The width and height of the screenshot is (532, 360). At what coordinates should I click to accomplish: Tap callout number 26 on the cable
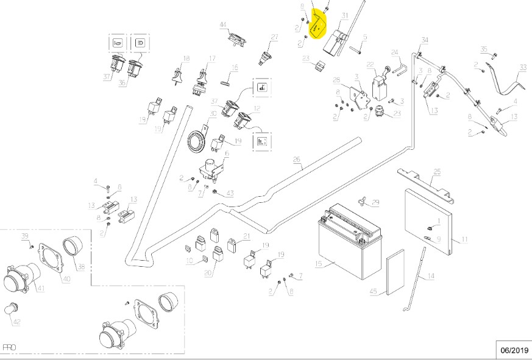click(297, 161)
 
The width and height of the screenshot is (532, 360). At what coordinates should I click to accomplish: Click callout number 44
click(223, 25)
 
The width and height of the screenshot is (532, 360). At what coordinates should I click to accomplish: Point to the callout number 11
click(464, 239)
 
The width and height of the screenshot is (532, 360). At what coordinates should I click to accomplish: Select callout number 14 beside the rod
click(431, 277)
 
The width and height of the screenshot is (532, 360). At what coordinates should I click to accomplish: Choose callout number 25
click(437, 172)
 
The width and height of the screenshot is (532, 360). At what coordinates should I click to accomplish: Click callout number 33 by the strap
click(522, 66)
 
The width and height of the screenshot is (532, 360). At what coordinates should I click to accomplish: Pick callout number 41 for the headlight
click(40, 288)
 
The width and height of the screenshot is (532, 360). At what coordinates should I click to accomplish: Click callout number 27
click(274, 37)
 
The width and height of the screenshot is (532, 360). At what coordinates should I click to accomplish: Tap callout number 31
click(345, 15)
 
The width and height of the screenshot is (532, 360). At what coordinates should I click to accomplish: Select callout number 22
click(370, 64)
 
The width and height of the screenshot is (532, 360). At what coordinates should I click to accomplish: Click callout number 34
click(425, 40)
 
